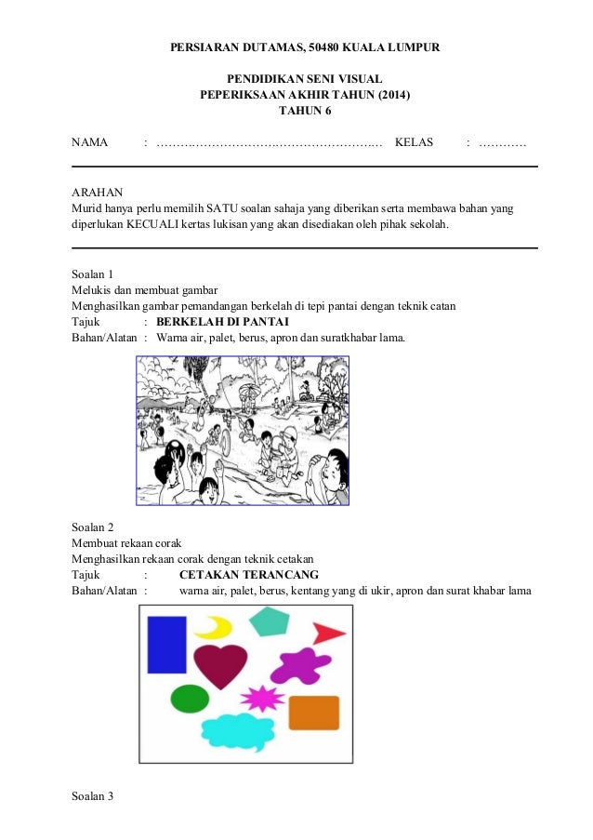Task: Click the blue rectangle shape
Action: (x=167, y=644)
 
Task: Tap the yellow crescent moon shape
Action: (x=215, y=628)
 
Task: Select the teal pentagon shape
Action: (x=270, y=621)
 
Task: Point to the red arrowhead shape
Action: (x=326, y=633)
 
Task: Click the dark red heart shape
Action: (x=220, y=665)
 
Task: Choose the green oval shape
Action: (x=189, y=698)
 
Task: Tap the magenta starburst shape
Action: (x=263, y=698)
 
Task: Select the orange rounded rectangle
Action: (x=313, y=713)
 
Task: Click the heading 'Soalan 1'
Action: (x=92, y=274)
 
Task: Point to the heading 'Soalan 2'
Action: (x=92, y=526)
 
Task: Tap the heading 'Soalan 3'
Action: (x=92, y=796)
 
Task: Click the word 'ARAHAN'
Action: (x=96, y=190)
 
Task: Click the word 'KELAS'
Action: (x=414, y=143)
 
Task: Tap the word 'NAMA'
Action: (x=90, y=143)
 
